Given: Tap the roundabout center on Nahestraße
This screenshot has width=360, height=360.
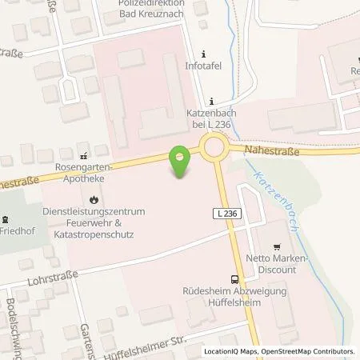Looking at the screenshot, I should point(214,147).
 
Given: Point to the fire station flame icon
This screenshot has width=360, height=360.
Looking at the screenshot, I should point(94,198).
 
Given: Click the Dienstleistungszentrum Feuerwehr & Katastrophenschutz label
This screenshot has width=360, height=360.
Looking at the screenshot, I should point(89,223).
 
